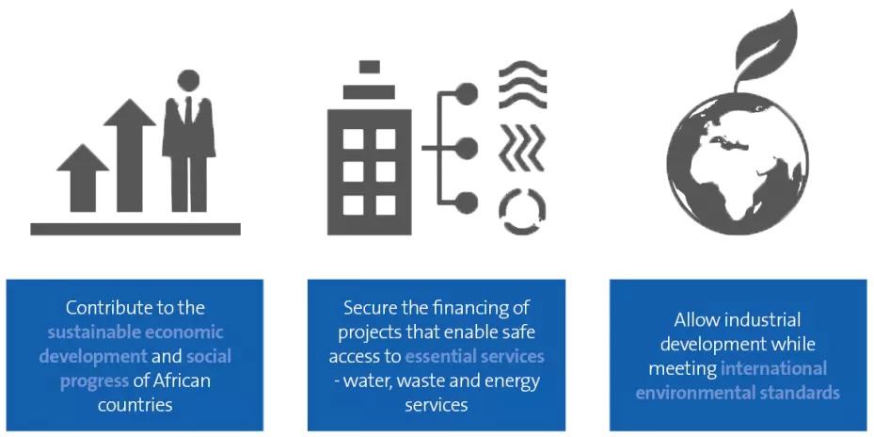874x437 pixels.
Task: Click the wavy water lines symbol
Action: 522,87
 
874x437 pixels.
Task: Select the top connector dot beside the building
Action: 466,93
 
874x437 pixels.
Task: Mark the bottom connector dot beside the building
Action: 466,202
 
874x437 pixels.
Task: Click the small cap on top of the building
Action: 369,67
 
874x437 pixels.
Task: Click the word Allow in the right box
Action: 694,320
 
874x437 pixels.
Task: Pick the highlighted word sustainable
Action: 94,332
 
